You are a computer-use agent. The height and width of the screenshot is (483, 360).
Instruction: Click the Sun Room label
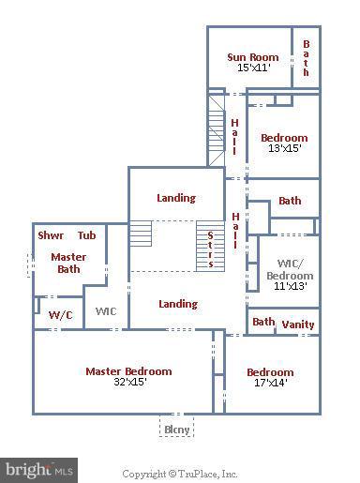click(253, 57)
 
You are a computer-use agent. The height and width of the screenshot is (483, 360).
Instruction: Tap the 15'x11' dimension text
click(253, 68)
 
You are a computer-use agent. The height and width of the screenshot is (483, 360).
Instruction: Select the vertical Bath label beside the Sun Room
click(306, 57)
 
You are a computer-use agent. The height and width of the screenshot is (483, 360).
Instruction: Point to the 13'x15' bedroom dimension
click(283, 149)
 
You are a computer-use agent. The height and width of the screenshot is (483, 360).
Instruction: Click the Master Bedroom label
click(128, 370)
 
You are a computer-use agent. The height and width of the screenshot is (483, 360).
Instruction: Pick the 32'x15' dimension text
click(128, 382)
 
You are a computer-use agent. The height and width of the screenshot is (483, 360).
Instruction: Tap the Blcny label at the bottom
click(177, 430)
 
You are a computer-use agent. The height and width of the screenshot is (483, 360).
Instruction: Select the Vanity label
click(298, 325)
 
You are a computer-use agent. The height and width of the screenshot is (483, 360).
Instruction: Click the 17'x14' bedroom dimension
click(270, 384)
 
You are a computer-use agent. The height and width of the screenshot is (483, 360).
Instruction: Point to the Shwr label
click(51, 235)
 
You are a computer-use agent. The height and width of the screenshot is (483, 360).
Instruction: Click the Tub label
click(86, 235)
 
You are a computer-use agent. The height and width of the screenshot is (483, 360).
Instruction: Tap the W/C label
click(60, 315)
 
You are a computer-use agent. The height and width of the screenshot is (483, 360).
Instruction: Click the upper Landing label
click(176, 198)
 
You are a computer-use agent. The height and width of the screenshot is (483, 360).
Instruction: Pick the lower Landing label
click(178, 304)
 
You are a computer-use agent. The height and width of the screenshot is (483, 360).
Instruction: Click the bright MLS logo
click(39, 467)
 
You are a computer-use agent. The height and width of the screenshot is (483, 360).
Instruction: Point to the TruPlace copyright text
click(180, 474)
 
